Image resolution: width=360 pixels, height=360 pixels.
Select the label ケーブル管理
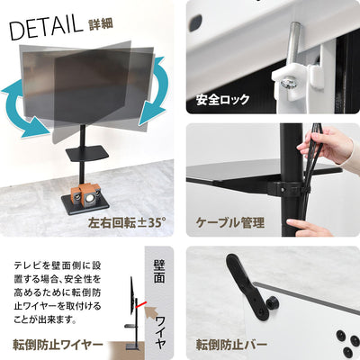pos(230,220)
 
